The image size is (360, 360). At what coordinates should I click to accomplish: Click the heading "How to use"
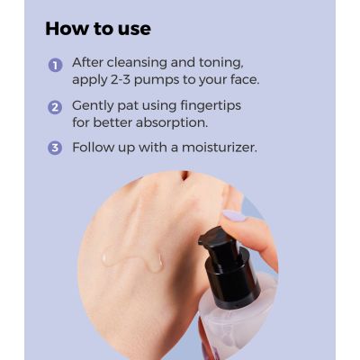pyautogui.click(x=98, y=28)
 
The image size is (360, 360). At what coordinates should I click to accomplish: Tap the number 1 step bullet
pyautogui.click(x=55, y=66)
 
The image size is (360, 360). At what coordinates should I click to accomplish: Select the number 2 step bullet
pyautogui.click(x=55, y=106)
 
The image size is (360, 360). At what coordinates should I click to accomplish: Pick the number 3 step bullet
pyautogui.click(x=55, y=147)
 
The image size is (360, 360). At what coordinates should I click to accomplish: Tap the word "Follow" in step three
pyautogui.click(x=94, y=146)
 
